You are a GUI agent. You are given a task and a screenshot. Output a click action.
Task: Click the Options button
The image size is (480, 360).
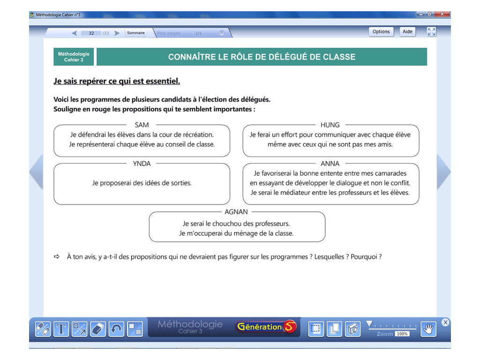pyautogui.click(x=381, y=32)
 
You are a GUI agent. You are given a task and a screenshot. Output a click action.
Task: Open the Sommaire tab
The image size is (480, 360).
pyautogui.click(x=136, y=33)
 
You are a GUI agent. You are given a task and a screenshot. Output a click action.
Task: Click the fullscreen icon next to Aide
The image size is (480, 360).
pyautogui.click(x=431, y=32)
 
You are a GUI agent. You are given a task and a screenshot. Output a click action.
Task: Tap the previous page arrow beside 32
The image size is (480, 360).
pyautogui.click(x=74, y=33)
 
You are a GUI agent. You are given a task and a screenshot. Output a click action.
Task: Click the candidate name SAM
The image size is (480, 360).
pyautogui.click(x=142, y=125)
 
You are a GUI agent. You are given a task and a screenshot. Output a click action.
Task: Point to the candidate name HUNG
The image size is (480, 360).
pyautogui.click(x=330, y=125)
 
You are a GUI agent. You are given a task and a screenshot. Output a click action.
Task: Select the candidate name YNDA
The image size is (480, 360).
pyautogui.click(x=142, y=164)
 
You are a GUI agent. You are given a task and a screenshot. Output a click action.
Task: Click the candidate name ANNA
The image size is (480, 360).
pyautogui.click(x=330, y=164)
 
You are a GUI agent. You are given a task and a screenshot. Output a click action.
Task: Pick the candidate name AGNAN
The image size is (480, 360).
pyautogui.click(x=236, y=212)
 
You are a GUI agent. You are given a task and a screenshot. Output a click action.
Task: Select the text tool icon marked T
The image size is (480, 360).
pyautogui.click(x=61, y=329)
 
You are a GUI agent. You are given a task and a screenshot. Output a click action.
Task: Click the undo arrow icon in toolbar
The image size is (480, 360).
pyautogui.click(x=116, y=329)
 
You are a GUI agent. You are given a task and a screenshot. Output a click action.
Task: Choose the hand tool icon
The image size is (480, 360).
pyautogui.click(x=428, y=329)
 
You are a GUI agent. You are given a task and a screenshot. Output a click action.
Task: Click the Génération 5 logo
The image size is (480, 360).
pyautogui.click(x=266, y=327)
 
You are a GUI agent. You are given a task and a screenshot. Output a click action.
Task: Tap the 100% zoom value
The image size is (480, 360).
pyautogui.click(x=402, y=334)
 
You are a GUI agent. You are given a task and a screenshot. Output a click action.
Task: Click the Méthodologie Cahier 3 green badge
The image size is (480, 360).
pyautogui.click(x=74, y=57)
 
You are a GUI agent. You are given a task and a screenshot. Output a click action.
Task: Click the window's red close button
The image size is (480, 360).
pyautogui.click(x=442, y=15)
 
